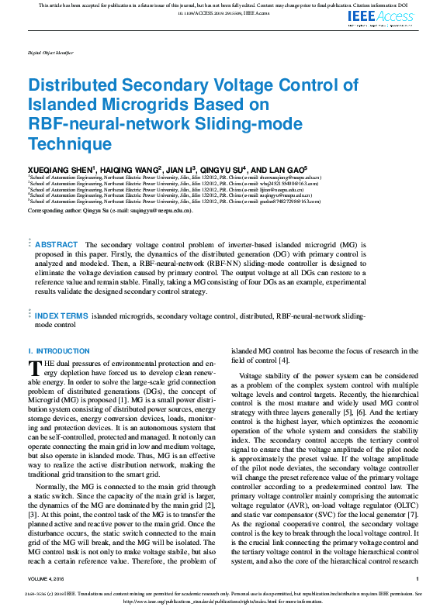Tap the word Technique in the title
[x=70, y=143]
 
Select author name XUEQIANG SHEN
[x=61, y=168]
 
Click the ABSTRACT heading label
[x=57, y=244]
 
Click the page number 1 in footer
[x=417, y=578]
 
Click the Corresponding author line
[x=109, y=210]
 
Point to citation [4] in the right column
[x=284, y=360]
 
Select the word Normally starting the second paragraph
[x=53, y=463]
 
